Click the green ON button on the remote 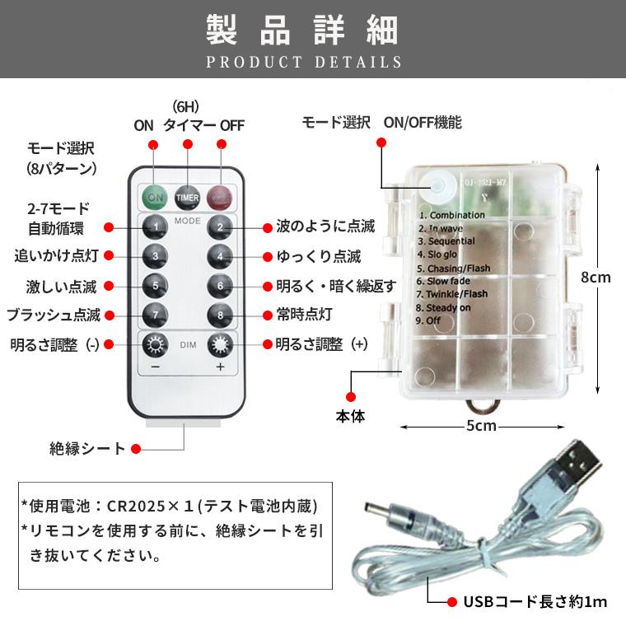154,198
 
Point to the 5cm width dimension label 481,426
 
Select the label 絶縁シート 87,449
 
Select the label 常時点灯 304,315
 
